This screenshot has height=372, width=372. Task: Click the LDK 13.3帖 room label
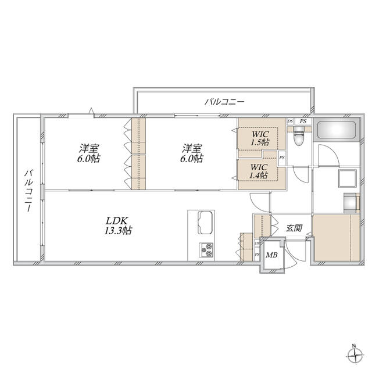pos(118,226)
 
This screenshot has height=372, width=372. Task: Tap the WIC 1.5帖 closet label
pos(260,138)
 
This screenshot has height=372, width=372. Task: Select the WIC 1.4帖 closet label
pos(259,171)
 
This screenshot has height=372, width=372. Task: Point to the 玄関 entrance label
pos(294,228)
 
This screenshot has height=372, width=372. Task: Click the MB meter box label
pos(271,255)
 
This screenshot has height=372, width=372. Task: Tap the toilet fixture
pos(298,137)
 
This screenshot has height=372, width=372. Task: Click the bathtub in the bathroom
pos(337,130)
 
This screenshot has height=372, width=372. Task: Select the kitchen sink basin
pos(205,222)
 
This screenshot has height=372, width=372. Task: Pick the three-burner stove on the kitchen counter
pos(206,250)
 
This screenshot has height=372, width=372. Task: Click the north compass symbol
pos(355,356)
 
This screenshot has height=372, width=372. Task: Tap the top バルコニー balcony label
pos(224,102)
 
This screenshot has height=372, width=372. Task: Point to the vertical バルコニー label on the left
pos(29,190)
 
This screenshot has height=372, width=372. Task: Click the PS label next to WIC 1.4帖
pos(282,158)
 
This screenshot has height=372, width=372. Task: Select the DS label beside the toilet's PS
pos(290,121)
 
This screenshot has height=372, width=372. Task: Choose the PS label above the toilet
pos(303,121)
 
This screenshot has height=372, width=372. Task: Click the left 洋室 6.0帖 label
pos(89,153)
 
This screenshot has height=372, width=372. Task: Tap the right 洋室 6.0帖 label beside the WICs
pos(192,153)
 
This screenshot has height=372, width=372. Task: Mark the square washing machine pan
pos(348,178)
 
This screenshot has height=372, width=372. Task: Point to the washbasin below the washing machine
pos(350,203)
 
